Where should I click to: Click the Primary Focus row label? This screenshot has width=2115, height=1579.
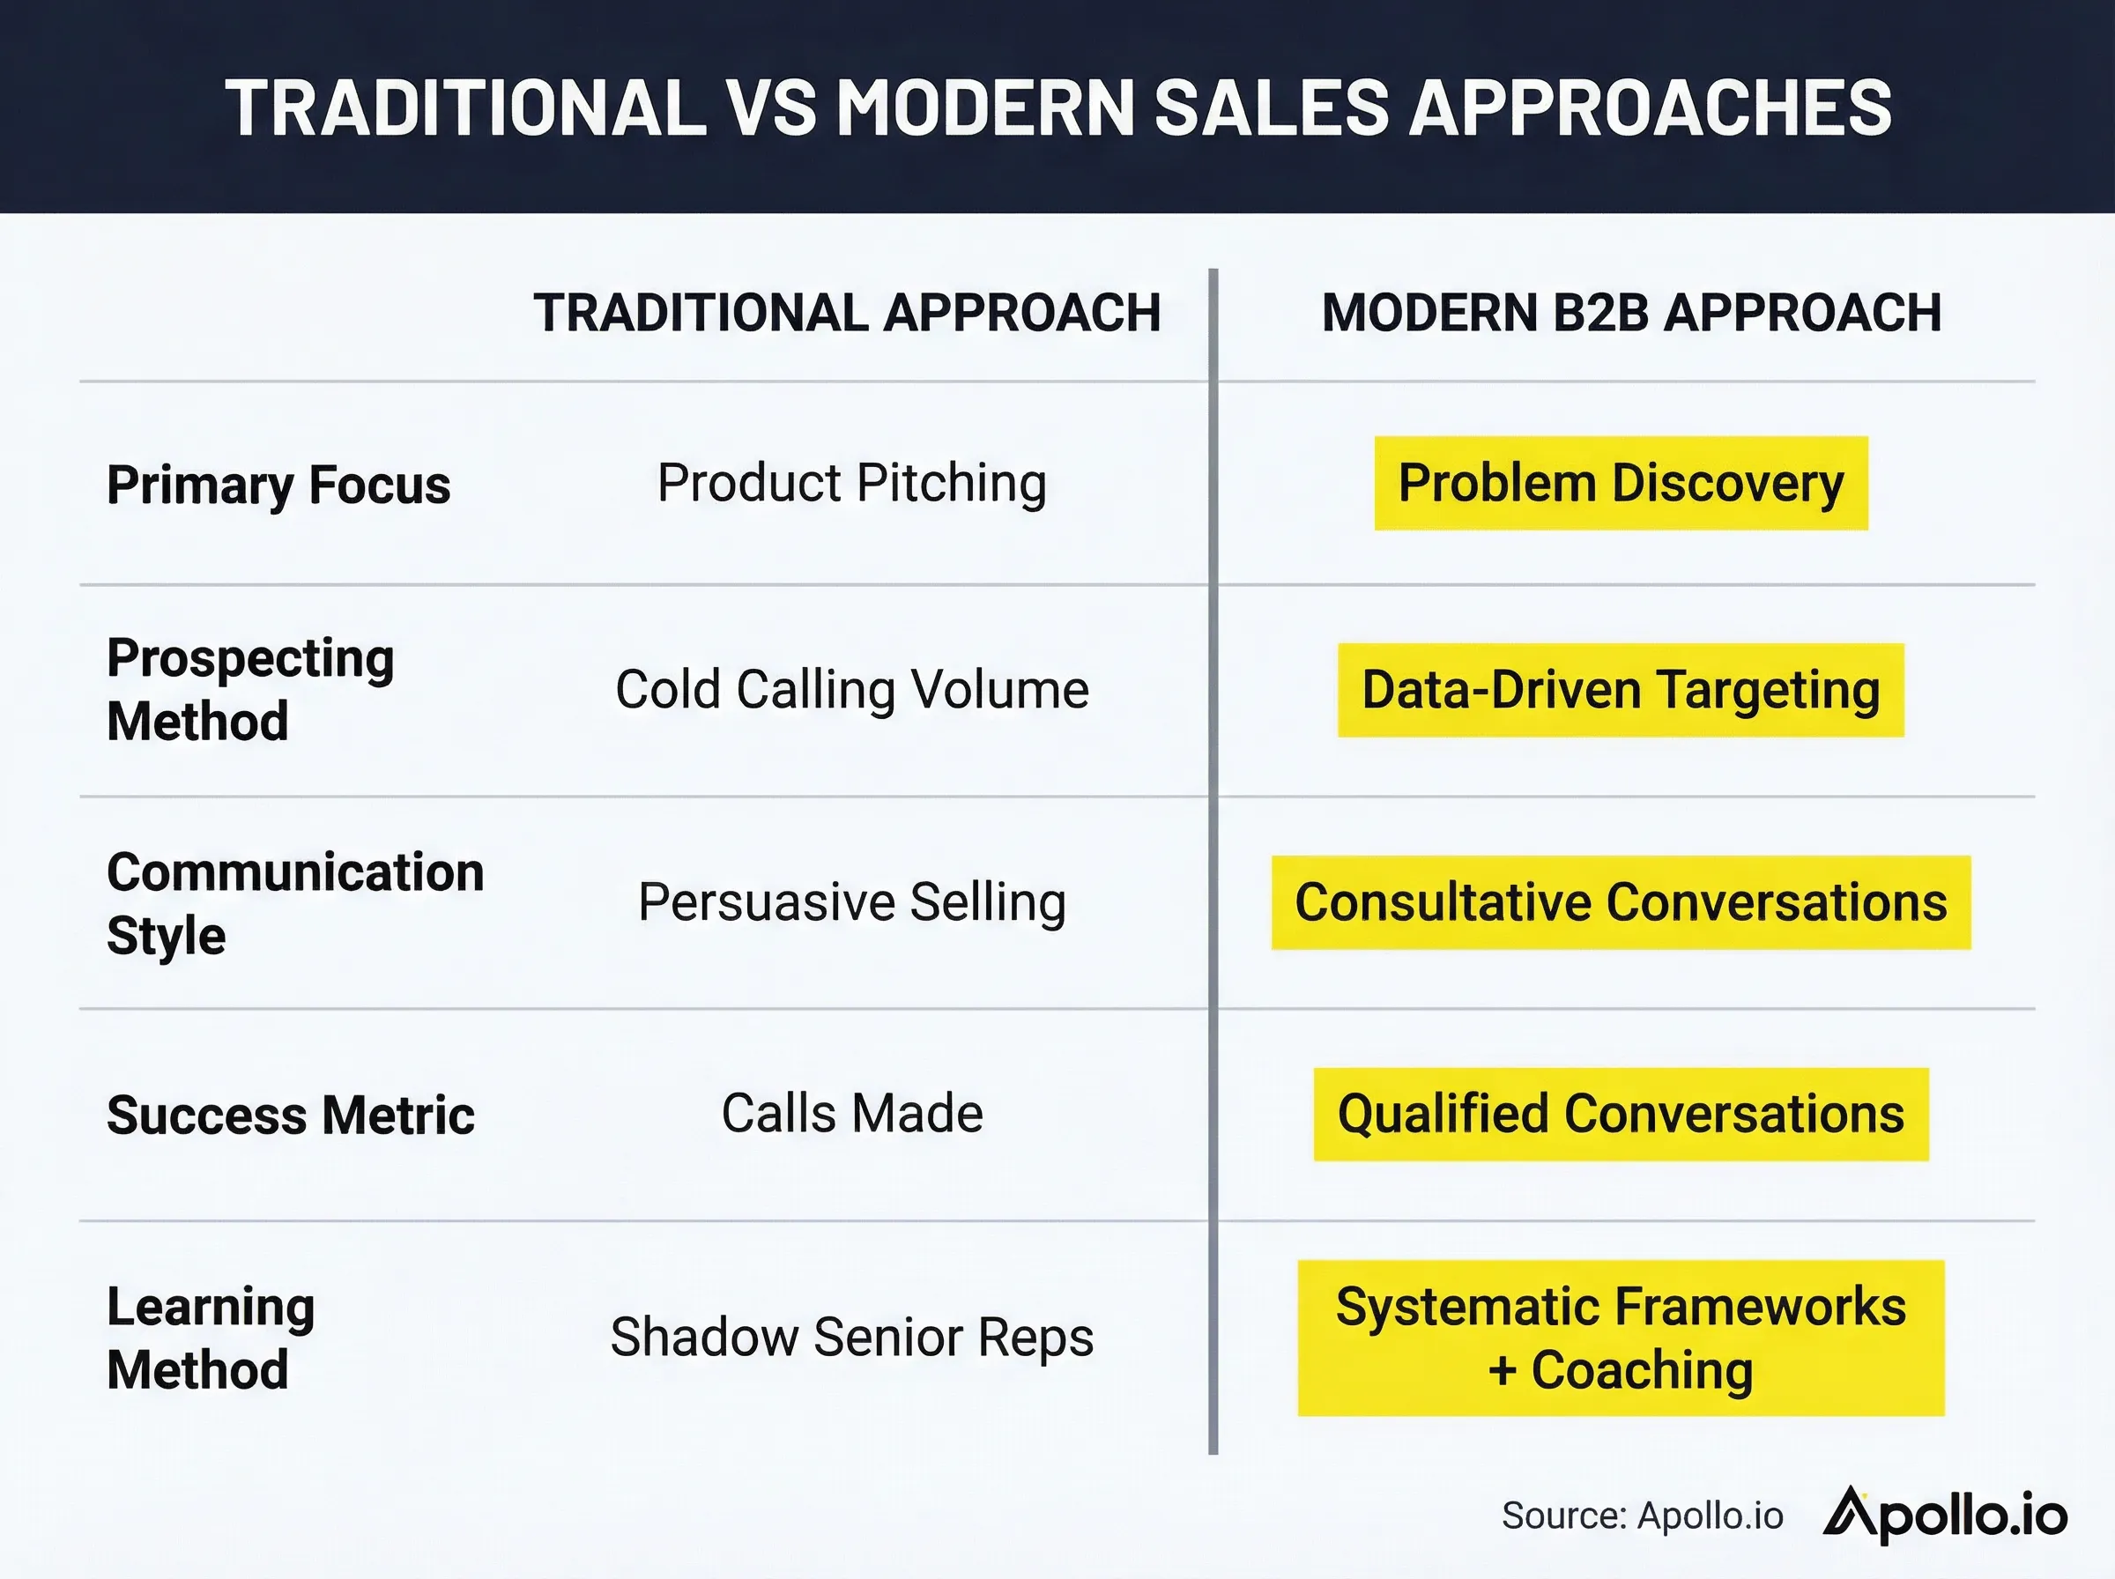(x=278, y=485)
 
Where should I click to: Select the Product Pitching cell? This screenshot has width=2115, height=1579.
(x=851, y=483)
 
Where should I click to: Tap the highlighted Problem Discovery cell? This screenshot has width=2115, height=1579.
(x=1621, y=483)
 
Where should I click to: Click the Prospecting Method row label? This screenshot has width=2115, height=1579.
(x=250, y=689)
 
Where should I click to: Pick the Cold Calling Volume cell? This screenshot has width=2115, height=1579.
(x=851, y=689)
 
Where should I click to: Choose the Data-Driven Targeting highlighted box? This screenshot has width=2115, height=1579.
(x=1621, y=690)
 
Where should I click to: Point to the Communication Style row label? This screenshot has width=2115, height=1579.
(x=294, y=902)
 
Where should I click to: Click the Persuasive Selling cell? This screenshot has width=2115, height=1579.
(x=851, y=902)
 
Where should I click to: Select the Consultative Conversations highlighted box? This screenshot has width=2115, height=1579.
(x=1621, y=902)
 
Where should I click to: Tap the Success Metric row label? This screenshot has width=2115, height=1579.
(x=291, y=1115)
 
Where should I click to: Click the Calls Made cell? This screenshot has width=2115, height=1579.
(x=851, y=1114)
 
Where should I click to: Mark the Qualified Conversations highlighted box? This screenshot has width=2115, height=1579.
(x=1621, y=1115)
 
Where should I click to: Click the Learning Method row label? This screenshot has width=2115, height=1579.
(x=211, y=1338)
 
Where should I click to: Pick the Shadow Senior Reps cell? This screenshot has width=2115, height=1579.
(x=851, y=1338)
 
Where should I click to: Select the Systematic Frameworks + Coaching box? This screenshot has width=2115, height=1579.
(x=1621, y=1338)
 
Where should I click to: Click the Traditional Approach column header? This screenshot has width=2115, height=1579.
(x=847, y=313)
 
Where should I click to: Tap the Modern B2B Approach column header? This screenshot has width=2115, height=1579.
(x=1631, y=313)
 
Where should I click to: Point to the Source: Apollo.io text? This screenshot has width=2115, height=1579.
(x=1642, y=1516)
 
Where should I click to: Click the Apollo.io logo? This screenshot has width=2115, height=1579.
(x=1945, y=1515)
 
